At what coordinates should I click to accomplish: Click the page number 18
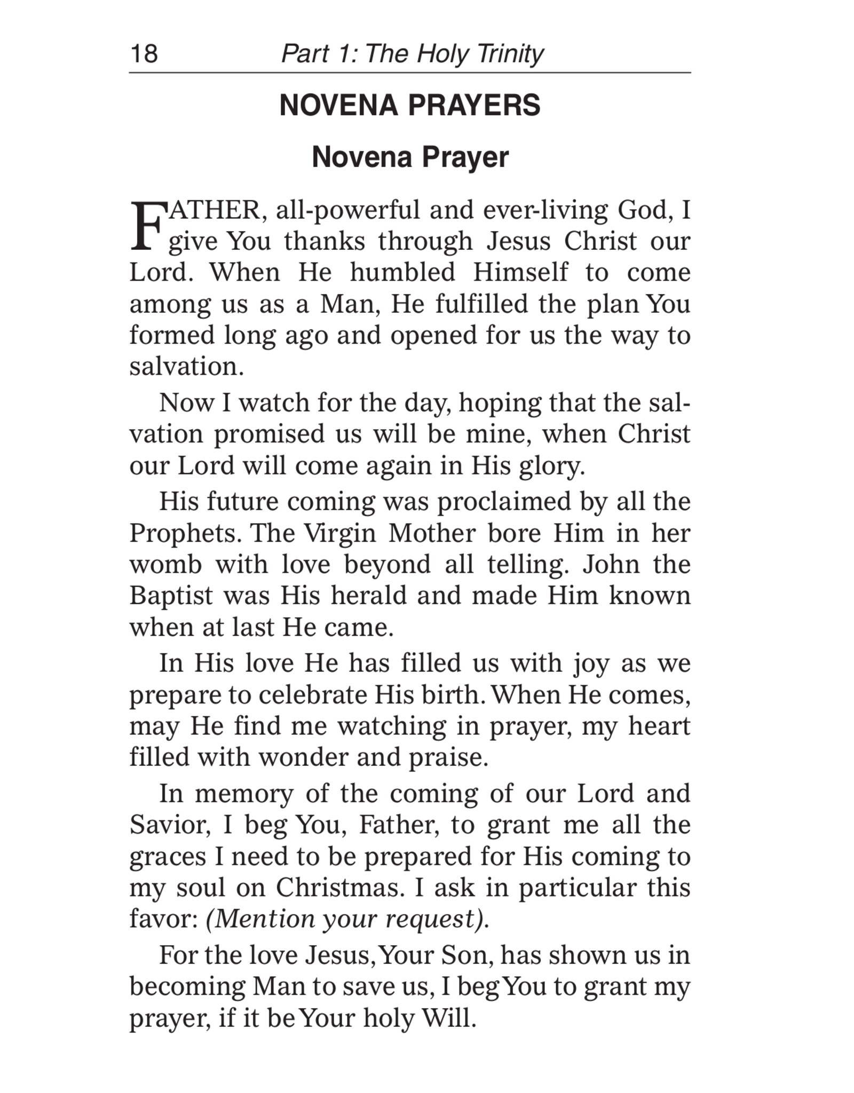pos(144,54)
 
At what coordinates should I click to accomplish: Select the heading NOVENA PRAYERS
pos(410,105)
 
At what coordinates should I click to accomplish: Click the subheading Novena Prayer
pos(410,157)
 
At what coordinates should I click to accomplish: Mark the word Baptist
pos(171,596)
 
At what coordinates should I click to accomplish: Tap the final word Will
pos(447,1018)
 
